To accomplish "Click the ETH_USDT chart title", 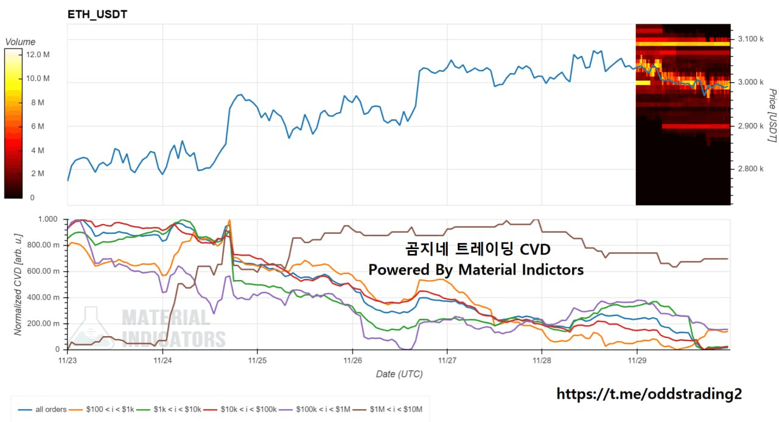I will [97, 14].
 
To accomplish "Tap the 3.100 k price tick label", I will [750, 39].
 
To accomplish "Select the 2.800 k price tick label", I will [750, 169].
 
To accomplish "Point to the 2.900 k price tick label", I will [750, 126].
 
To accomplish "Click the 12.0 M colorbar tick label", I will [38, 55].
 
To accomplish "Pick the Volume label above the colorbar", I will [20, 42].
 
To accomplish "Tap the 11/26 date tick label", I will [352, 361].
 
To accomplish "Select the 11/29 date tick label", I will [637, 361].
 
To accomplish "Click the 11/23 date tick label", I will [68, 361].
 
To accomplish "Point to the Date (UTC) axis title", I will [399, 374].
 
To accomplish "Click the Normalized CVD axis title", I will [18, 284].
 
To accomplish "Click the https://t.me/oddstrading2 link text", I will [649, 394].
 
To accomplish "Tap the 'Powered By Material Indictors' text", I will [476, 269].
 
